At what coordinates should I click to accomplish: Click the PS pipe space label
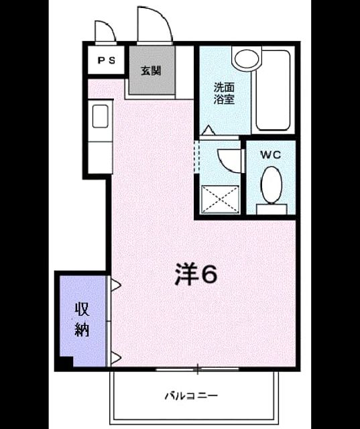pos(107,60)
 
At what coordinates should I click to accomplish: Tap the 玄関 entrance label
pos(151,71)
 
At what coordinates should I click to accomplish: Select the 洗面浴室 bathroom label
pos(224,93)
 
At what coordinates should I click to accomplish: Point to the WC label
pos(271,155)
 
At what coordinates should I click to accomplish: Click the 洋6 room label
pos(196,274)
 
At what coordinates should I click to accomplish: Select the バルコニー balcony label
pos(191,395)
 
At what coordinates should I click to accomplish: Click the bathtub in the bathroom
pos(273,90)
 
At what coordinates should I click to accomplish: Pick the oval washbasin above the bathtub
pos(247,58)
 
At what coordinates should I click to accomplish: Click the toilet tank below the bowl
pos(272,209)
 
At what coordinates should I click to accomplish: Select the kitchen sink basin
pos(100,116)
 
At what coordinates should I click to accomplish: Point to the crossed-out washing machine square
pos(220,199)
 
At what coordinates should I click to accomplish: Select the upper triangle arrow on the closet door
pos(116,285)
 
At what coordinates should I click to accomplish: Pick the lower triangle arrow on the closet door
pos(116,357)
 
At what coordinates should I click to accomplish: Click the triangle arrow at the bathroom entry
pos(208,130)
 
